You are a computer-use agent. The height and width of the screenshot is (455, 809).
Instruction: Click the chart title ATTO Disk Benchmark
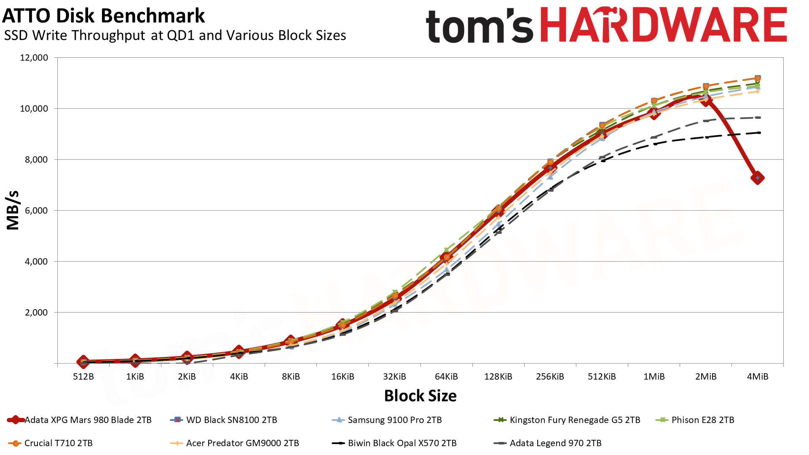104,16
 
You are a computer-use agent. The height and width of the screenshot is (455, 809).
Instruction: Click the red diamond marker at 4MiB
758,178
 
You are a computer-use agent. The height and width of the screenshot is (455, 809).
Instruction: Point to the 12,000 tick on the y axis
34,58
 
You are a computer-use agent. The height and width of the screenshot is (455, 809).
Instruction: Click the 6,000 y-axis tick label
34,211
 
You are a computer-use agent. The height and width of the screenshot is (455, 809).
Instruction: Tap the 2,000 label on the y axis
34,313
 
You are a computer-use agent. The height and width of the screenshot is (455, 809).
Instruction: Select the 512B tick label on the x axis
83,377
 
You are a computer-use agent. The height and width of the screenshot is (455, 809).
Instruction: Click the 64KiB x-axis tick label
446,377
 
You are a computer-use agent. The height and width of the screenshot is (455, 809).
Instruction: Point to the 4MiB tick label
758,377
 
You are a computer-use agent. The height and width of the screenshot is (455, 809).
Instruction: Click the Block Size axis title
420,396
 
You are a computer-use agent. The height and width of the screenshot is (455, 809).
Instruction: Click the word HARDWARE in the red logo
663,25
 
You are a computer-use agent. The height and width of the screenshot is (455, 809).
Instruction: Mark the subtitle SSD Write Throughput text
175,36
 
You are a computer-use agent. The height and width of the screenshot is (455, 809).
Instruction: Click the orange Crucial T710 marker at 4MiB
758,78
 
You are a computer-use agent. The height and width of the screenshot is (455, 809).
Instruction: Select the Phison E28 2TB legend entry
702,420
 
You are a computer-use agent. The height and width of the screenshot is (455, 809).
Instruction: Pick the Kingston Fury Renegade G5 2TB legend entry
575,420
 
